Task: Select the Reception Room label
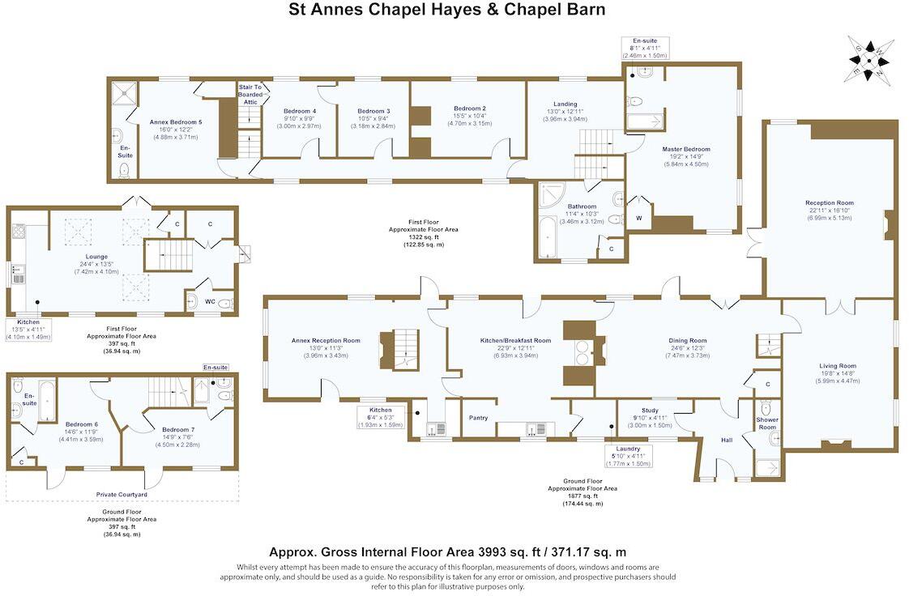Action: pyautogui.click(x=829, y=203)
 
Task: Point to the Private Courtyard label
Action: pyautogui.click(x=122, y=494)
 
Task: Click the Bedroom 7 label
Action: pyautogui.click(x=177, y=429)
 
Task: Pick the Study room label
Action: pyautogui.click(x=650, y=410)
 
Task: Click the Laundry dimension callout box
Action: pyautogui.click(x=628, y=456)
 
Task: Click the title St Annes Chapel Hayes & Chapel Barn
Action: pyautogui.click(x=447, y=11)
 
